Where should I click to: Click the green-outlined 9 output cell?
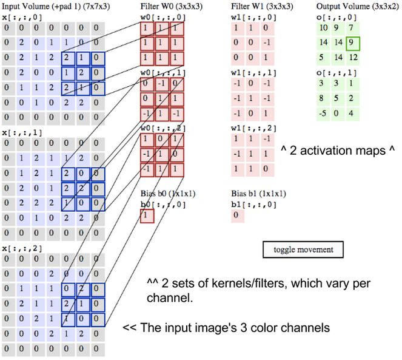[x=352, y=44]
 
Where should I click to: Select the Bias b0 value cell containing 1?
[x=147, y=215]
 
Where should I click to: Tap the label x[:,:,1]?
[x=17, y=132]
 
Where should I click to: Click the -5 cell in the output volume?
[x=323, y=112]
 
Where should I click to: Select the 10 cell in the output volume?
[x=323, y=29]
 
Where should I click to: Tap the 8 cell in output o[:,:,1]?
[x=323, y=97]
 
